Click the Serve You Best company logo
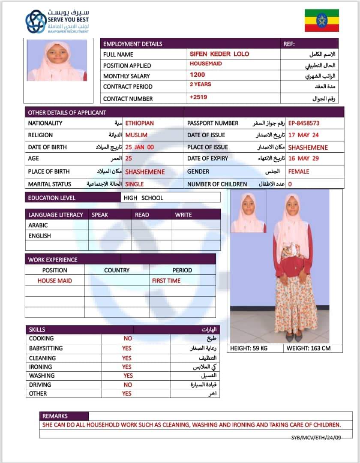[x=57, y=21]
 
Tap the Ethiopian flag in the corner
[x=321, y=20]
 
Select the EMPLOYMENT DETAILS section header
[x=133, y=44]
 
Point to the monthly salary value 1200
[x=197, y=75]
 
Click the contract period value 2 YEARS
[x=200, y=84]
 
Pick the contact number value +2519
[x=198, y=97]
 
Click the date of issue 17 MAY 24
[x=303, y=135]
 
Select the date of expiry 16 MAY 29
[x=303, y=159]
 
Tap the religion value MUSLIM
[x=136, y=135]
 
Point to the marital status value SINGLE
[x=135, y=184]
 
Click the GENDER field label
[x=198, y=171]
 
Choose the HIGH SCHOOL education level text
[x=143, y=198]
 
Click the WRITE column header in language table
[x=183, y=215]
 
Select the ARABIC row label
[x=38, y=225]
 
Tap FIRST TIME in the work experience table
[x=166, y=281]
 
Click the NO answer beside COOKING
[x=128, y=339]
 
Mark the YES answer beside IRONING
[x=127, y=367]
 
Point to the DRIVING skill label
[x=40, y=385]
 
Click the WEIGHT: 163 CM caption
[x=309, y=348]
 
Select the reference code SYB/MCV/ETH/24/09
[x=317, y=438]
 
